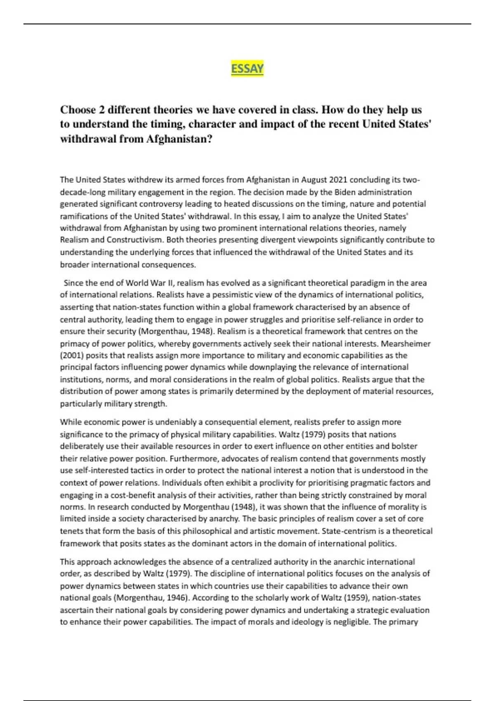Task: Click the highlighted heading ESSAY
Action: (247, 68)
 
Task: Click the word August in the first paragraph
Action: (316, 180)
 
